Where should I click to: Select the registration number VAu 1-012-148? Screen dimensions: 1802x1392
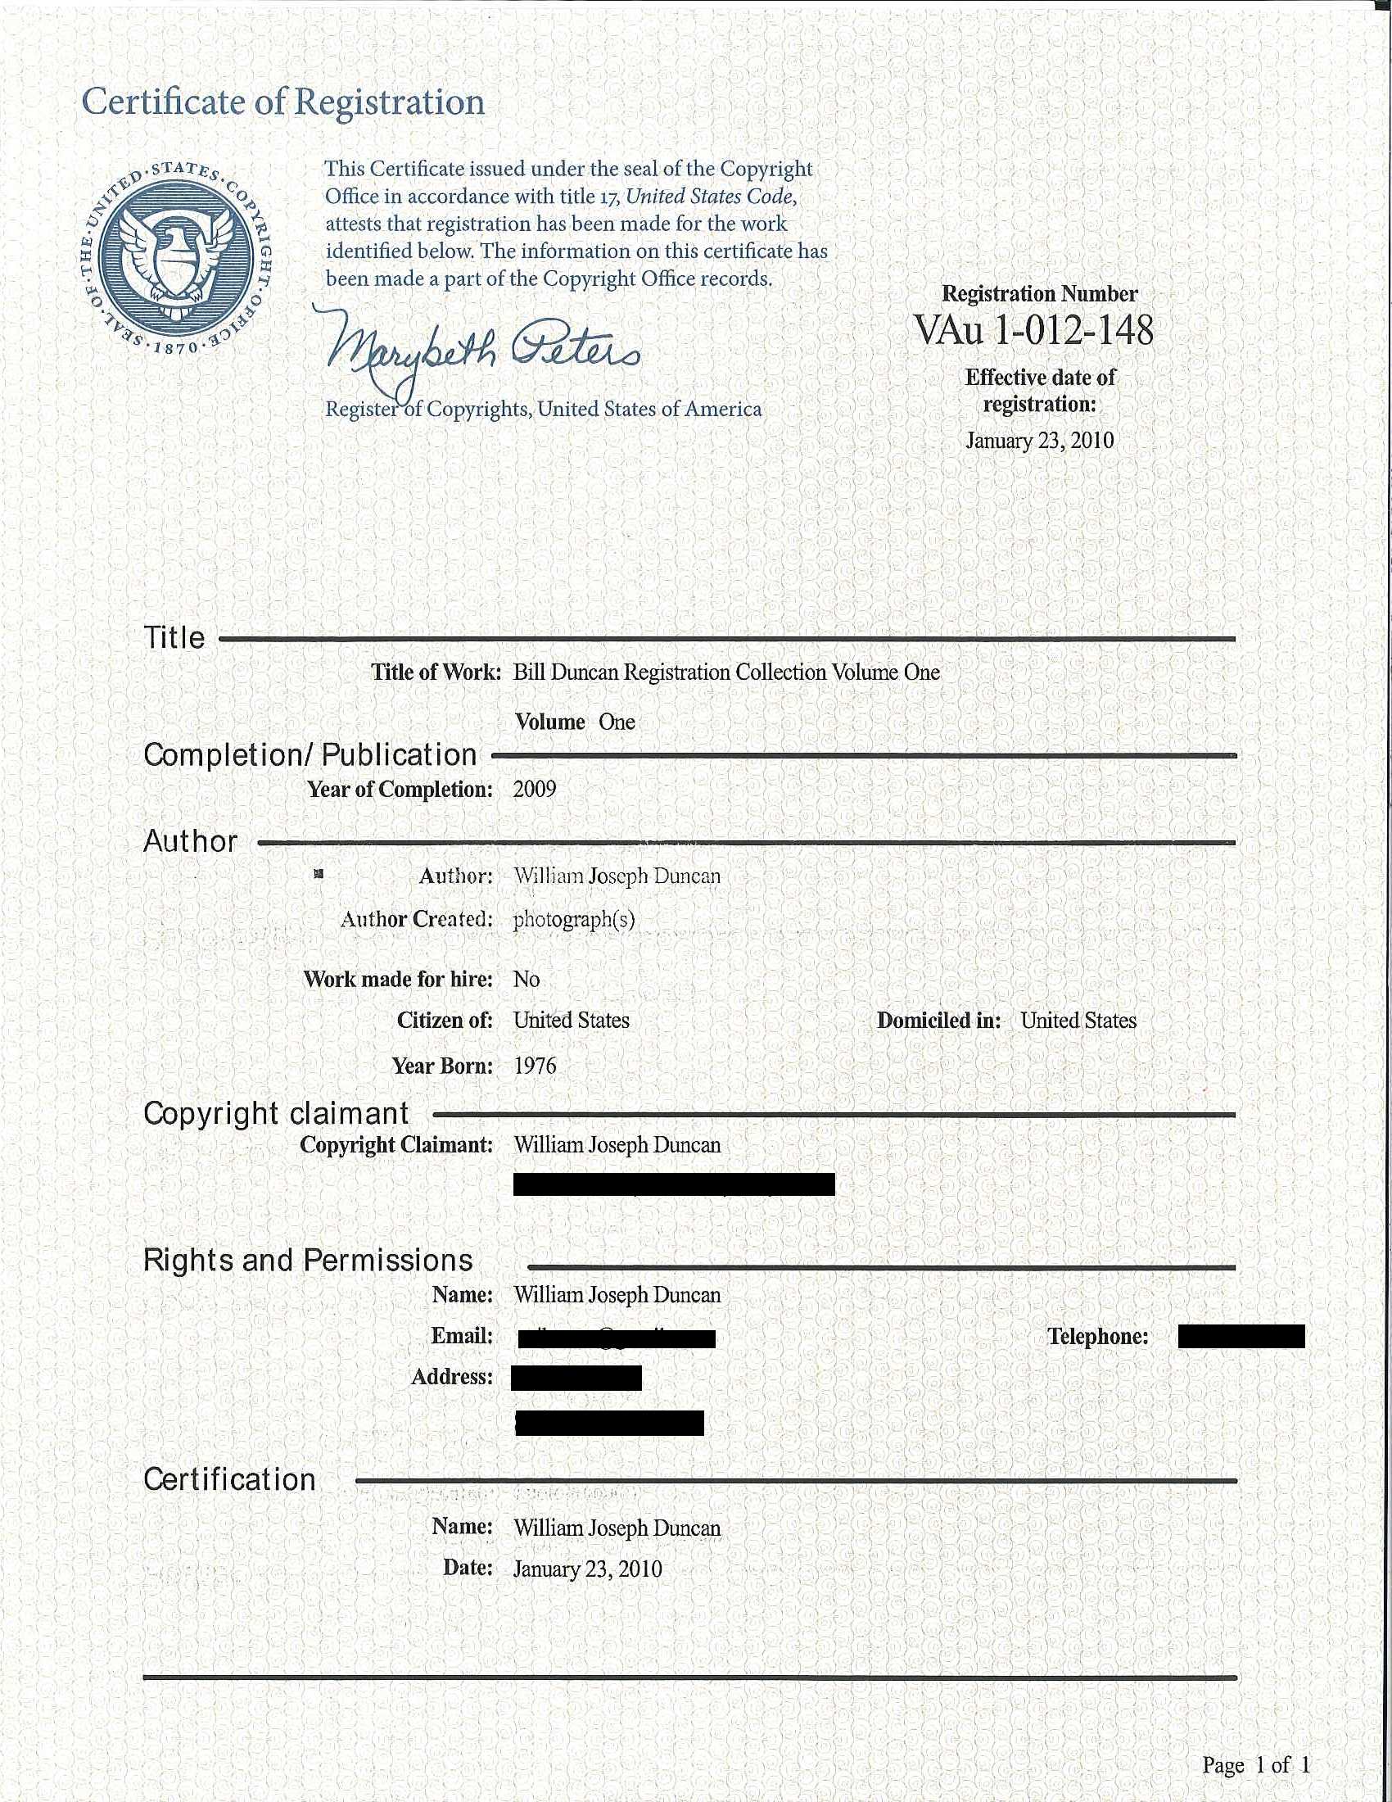point(1033,330)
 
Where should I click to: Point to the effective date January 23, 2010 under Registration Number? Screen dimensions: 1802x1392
point(1039,441)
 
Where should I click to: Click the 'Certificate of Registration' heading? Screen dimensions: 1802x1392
point(282,102)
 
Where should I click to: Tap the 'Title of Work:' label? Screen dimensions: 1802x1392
point(436,672)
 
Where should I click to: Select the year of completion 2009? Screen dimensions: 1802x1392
point(535,790)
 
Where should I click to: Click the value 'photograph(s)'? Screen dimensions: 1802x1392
point(574,919)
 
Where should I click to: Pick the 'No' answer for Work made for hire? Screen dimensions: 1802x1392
point(527,980)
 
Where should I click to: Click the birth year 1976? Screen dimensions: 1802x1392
point(535,1066)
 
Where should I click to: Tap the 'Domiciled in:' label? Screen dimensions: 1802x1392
point(938,1021)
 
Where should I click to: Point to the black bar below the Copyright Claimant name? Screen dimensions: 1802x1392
point(674,1184)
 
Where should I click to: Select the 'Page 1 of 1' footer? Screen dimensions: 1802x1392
point(1255,1765)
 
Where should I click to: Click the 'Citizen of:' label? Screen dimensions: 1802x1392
point(445,1021)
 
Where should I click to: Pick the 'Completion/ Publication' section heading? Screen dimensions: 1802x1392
point(310,755)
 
